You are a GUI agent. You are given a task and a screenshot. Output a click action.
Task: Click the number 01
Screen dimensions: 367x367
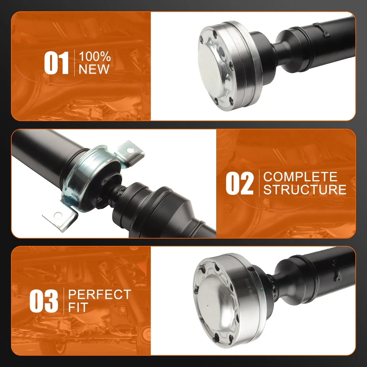56,63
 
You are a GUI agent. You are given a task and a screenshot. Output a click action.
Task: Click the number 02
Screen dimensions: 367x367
239,183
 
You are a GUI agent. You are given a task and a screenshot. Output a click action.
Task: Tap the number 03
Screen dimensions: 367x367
44,301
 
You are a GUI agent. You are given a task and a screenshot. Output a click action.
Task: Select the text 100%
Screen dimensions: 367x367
94,57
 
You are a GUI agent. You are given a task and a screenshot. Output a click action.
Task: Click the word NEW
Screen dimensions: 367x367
94,70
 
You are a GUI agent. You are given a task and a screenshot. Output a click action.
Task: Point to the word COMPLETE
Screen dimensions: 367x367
300,177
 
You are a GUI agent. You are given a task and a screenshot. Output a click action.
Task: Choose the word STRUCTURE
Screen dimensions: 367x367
305,190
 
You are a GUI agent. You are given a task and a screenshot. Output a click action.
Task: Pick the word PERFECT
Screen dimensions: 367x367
99,295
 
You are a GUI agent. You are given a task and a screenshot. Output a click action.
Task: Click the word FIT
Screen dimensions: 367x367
78,307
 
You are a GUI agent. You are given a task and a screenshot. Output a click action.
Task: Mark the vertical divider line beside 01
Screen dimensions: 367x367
74,63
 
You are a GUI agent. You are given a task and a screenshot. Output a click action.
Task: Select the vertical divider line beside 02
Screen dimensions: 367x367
259,183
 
